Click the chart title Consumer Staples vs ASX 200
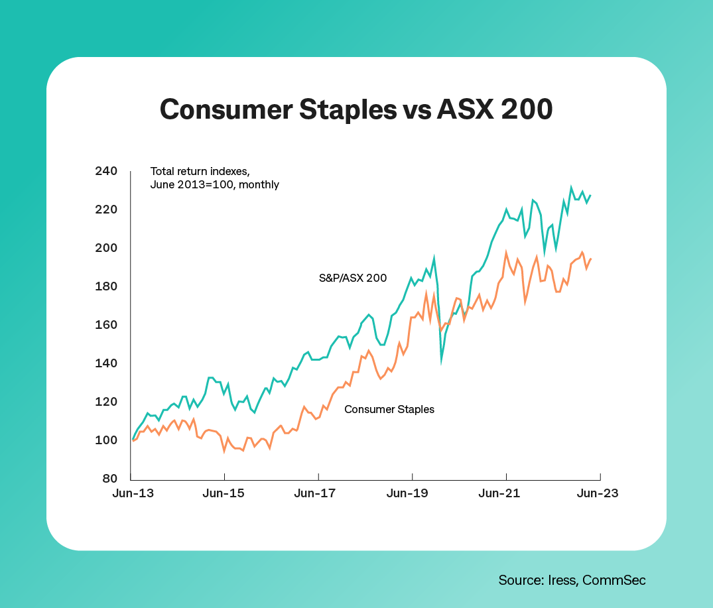(356, 109)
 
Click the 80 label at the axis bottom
(108, 479)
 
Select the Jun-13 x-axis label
(131, 494)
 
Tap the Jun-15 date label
(225, 494)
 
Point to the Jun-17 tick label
(318, 494)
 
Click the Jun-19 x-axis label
(412, 494)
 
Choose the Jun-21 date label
(506, 494)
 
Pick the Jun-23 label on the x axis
(600, 494)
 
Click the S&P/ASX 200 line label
(353, 278)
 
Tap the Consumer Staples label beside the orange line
(389, 409)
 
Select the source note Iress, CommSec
(572, 580)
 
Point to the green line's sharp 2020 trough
(442, 361)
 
